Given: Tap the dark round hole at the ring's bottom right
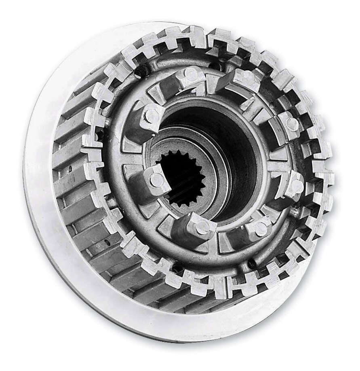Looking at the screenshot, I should point(251,263).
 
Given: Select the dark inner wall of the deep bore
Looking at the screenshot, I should point(238,154).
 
